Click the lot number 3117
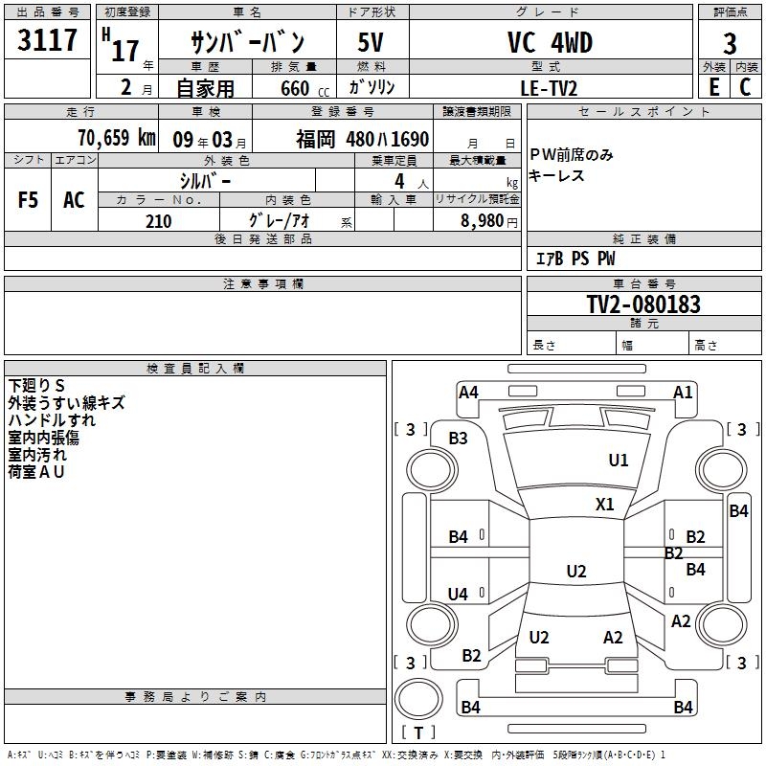(47, 39)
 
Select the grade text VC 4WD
(550, 42)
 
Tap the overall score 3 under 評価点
(730, 43)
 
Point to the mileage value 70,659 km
(117, 137)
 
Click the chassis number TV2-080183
(643, 304)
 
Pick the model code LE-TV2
(549, 88)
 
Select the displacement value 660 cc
(305, 88)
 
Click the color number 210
(159, 221)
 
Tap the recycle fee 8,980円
(489, 221)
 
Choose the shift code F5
(28, 200)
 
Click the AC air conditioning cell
(75, 200)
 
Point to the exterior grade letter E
(714, 87)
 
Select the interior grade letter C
(746, 87)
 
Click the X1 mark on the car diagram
(604, 504)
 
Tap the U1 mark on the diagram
(618, 460)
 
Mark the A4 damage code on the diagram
(468, 392)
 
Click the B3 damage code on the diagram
(458, 439)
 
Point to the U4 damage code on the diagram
(458, 594)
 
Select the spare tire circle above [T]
(418, 699)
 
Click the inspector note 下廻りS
(36, 386)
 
